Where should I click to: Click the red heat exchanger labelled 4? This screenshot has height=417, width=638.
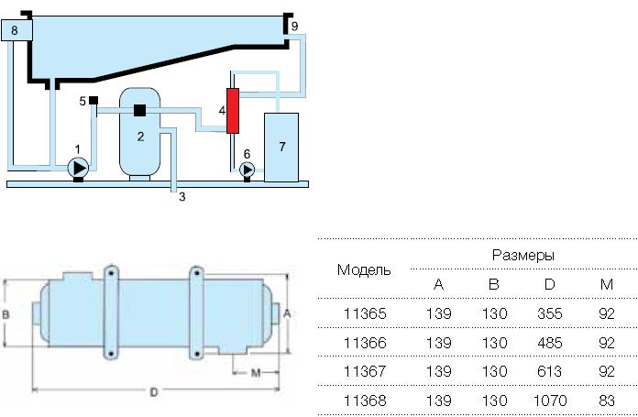[232, 110]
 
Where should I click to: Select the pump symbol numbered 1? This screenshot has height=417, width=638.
[78, 168]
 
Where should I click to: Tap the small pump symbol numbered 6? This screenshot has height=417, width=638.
[246, 170]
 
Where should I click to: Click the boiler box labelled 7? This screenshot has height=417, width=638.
[281, 147]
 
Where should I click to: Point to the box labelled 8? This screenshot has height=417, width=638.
[17, 30]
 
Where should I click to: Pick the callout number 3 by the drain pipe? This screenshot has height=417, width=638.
[181, 196]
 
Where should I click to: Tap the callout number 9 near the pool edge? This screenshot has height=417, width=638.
[294, 27]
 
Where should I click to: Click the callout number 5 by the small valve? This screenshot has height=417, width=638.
[82, 101]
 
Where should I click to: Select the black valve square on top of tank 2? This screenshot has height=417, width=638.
[140, 111]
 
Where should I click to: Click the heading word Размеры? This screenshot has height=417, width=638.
[522, 254]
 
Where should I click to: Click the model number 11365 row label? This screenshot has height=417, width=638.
[365, 313]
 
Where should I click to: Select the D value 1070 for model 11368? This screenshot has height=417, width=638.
[549, 401]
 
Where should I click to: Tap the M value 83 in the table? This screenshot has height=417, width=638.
[607, 401]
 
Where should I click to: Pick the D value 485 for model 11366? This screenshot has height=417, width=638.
[549, 343]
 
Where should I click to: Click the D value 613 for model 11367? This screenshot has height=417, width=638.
[549, 371]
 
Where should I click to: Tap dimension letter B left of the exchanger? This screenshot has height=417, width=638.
[6, 313]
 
